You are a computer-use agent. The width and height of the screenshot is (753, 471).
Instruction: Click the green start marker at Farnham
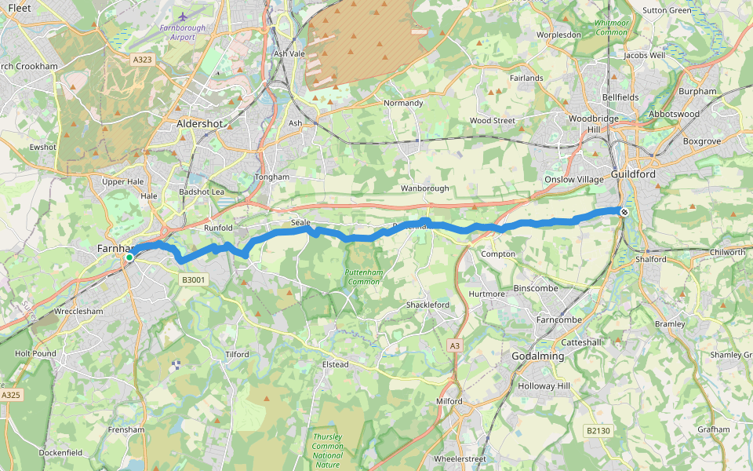(x=129, y=257)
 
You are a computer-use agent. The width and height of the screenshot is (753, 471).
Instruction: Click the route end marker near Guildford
(x=624, y=211)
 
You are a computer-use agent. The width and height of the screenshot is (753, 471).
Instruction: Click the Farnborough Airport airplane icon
(x=184, y=16)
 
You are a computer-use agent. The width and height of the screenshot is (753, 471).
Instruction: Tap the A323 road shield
(x=142, y=60)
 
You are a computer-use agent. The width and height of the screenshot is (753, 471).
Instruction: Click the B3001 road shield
(x=193, y=279)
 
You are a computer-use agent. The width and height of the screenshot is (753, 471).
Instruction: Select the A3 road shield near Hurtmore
(x=455, y=345)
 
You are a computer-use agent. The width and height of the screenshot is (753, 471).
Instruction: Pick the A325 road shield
(x=11, y=395)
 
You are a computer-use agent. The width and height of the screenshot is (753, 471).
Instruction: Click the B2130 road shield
(x=598, y=430)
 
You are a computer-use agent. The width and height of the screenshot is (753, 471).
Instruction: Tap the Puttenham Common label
(x=362, y=276)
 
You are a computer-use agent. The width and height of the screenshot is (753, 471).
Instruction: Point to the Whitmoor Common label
(x=611, y=27)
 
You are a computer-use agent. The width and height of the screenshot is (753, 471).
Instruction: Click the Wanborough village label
(x=424, y=188)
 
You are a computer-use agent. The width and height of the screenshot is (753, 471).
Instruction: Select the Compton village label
(x=498, y=254)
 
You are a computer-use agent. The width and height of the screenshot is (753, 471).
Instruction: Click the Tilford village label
(x=237, y=355)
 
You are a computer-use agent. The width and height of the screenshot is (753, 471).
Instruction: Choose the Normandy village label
(x=403, y=103)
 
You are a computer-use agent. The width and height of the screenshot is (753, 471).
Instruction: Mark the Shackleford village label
(x=427, y=305)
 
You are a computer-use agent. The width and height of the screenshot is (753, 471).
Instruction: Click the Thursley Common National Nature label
(x=327, y=451)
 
